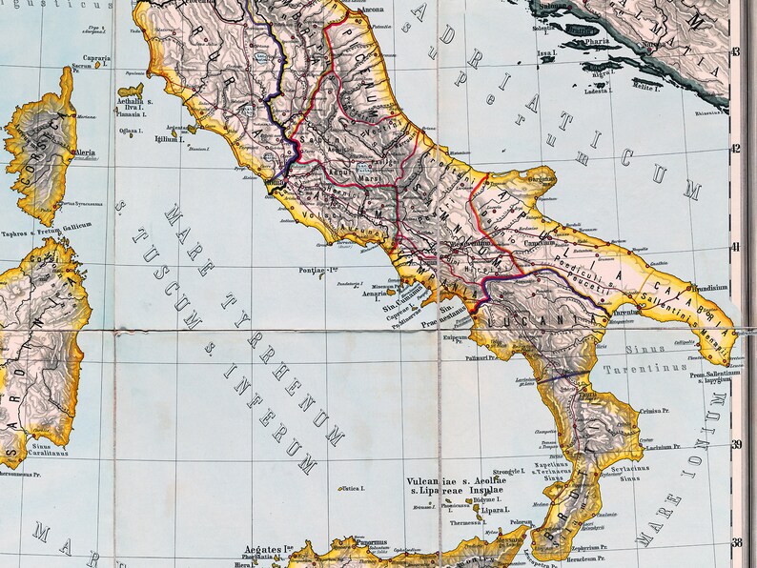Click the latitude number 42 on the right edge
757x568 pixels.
click(x=735, y=149)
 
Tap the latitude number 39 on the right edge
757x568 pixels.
click(x=735, y=444)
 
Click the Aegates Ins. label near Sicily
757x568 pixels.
click(x=267, y=550)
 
